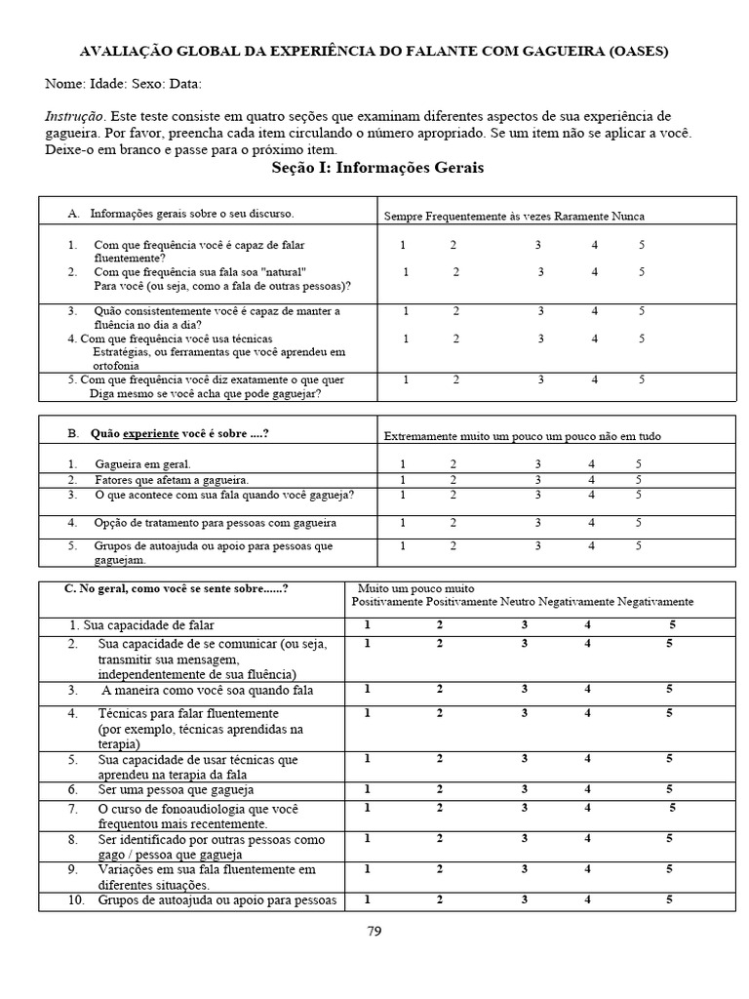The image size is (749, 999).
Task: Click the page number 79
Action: [x=374, y=931]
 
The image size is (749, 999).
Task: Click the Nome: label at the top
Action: [x=64, y=84]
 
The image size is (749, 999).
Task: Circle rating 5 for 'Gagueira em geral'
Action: [x=639, y=464]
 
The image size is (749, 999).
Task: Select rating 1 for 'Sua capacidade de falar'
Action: [x=367, y=624]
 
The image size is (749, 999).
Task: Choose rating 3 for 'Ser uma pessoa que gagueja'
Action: [x=525, y=789]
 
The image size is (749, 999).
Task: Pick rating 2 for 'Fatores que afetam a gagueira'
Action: [x=452, y=480]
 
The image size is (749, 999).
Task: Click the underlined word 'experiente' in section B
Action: [x=143, y=433]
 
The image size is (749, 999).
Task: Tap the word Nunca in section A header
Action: [x=627, y=217]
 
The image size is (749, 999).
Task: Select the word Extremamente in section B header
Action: [x=417, y=436]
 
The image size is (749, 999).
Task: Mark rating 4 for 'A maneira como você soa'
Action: [x=588, y=689]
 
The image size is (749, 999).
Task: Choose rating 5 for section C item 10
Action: [x=670, y=899]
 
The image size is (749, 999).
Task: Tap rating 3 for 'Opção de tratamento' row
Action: [x=537, y=522]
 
